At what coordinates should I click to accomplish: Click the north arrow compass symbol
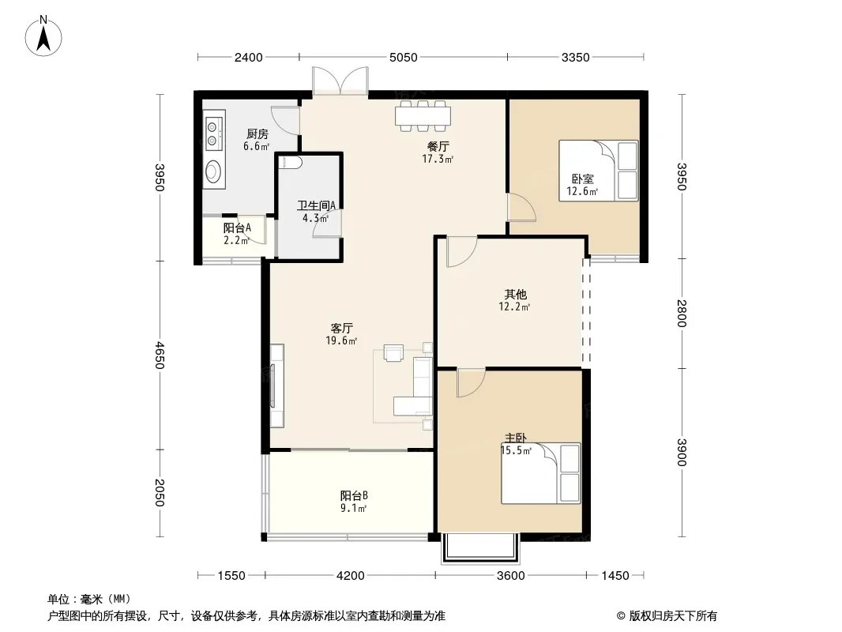(43, 36)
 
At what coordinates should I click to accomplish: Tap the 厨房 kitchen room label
(257, 134)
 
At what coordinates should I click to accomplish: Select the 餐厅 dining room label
(438, 146)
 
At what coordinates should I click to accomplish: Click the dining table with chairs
(423, 115)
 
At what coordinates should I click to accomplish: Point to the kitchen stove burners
(214, 134)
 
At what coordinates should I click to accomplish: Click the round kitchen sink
(213, 171)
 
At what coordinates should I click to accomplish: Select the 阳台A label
(237, 228)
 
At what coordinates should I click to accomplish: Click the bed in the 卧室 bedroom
(598, 171)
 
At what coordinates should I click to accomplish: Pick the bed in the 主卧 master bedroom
(541, 473)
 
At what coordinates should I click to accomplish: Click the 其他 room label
(515, 294)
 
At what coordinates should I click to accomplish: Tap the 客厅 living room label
(341, 328)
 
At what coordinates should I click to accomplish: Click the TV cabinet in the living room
(276, 386)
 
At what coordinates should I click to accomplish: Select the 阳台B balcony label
(354, 495)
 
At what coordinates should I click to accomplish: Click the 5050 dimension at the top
(404, 58)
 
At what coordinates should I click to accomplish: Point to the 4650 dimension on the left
(159, 355)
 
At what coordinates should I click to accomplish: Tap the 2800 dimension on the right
(682, 313)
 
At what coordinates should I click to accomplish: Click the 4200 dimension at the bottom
(350, 576)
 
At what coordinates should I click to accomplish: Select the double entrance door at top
(340, 81)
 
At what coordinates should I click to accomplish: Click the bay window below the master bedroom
(480, 548)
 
